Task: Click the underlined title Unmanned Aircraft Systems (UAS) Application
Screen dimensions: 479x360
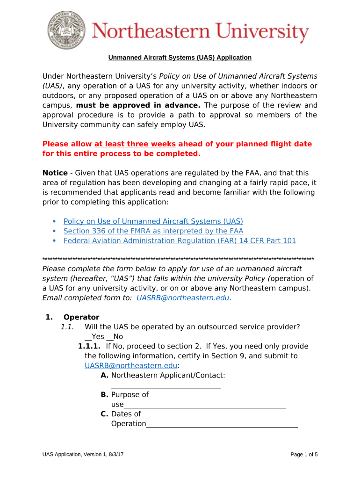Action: pos(180,58)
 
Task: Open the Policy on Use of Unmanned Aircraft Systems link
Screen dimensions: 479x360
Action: pos(153,221)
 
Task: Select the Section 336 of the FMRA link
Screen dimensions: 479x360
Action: pos(153,231)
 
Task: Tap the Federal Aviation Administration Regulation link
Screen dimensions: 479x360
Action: pos(180,241)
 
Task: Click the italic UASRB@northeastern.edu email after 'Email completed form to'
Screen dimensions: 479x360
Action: pos(183,298)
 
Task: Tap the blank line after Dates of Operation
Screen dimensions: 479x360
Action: pos(222,425)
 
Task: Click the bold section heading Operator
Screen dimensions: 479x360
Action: pos(81,317)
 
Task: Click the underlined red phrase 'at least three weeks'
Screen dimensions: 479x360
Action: pos(135,144)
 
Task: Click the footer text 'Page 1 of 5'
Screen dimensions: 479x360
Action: pos(304,455)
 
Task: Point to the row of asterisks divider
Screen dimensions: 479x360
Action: pos(178,259)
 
